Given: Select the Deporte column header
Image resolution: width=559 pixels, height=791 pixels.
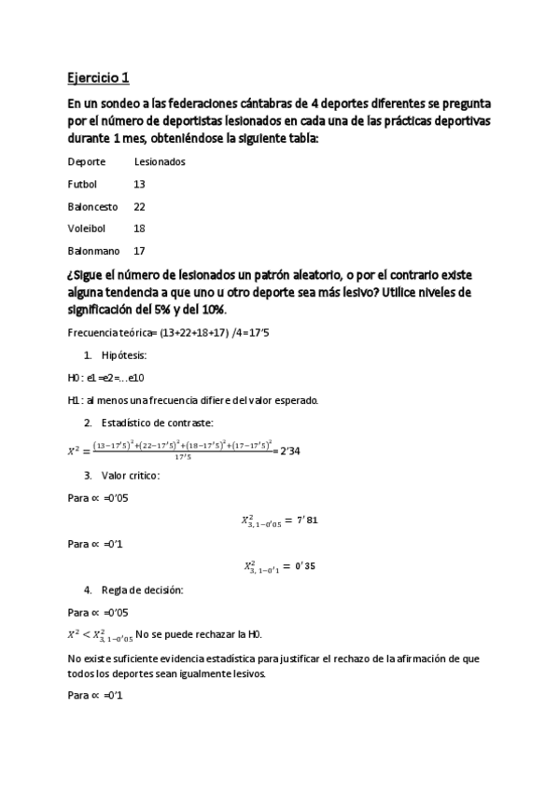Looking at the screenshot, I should (x=87, y=162).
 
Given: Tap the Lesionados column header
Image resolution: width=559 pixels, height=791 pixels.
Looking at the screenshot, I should (x=160, y=162).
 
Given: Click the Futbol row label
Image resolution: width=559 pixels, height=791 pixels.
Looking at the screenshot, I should (x=82, y=185).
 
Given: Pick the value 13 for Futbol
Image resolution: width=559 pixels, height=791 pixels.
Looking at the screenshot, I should (x=140, y=185).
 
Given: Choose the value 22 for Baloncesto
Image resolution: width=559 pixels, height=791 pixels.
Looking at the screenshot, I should (x=140, y=207).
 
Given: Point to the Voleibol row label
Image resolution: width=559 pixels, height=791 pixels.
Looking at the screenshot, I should (x=87, y=229).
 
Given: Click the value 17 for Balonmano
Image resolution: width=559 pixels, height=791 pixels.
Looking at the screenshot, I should (x=140, y=252).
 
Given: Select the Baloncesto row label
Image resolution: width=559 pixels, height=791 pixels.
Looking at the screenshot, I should (x=92, y=207).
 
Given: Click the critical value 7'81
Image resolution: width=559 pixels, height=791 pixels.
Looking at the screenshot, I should (x=305, y=520).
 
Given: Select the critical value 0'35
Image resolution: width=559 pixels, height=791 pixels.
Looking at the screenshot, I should (x=305, y=566).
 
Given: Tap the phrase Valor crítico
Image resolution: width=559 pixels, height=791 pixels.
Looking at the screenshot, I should (x=130, y=475).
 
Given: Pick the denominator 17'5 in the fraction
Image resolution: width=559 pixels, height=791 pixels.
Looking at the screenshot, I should (x=183, y=458).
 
